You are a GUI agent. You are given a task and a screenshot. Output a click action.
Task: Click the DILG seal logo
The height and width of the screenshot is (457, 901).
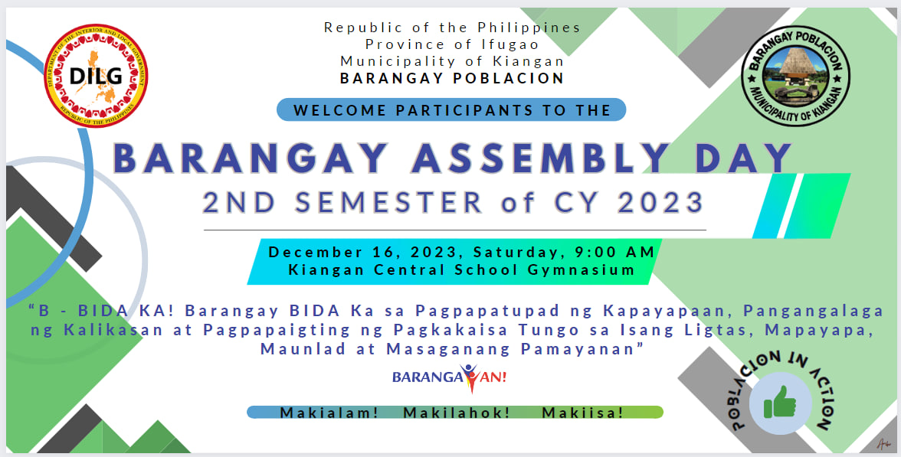coord(96,75)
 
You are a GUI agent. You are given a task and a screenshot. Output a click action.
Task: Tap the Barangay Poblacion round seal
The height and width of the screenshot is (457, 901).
coord(795,76)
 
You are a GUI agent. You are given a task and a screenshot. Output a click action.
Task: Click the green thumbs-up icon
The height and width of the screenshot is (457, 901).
coord(780,403)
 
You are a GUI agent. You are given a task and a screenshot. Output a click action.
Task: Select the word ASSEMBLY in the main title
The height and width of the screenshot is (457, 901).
coord(541,158)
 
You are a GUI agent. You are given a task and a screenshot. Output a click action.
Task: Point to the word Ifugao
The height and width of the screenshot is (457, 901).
coord(510,44)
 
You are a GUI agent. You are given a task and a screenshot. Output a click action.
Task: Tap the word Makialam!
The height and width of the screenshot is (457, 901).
coord(329,413)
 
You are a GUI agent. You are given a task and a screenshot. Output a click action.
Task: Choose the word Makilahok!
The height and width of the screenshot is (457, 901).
coord(457,413)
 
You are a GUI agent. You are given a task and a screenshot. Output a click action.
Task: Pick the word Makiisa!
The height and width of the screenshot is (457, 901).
coord(582,413)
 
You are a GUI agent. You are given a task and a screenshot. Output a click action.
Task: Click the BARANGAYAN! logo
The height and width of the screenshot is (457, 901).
coord(449,378)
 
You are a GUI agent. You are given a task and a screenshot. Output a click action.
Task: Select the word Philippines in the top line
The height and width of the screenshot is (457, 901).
coord(529,28)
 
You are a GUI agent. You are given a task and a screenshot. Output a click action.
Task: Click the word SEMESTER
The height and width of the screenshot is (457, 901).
coord(388,203)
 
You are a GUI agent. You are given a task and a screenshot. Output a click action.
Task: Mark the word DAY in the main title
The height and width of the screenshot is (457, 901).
coord(743,158)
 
